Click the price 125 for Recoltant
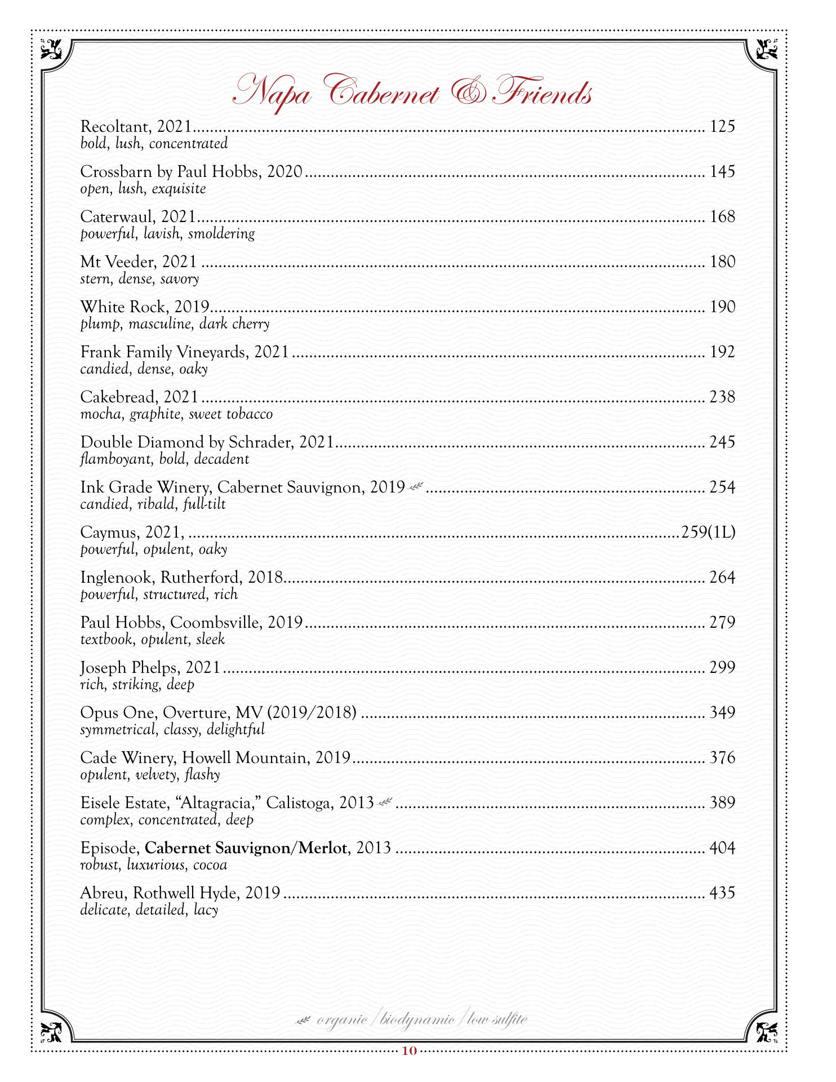click(722, 126)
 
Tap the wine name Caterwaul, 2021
click(138, 217)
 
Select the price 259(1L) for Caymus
click(708, 532)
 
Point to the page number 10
click(410, 1050)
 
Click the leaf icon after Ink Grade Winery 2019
click(417, 486)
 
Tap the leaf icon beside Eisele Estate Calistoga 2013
click(385, 802)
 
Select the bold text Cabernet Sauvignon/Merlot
click(246, 848)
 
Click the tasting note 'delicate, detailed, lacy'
click(149, 910)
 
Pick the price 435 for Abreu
click(722, 893)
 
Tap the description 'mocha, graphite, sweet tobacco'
click(176, 414)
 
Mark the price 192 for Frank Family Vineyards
click(722, 352)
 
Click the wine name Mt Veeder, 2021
click(139, 262)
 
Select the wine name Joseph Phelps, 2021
click(150, 667)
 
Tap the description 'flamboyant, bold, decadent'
click(164, 459)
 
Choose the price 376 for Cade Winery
click(722, 757)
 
